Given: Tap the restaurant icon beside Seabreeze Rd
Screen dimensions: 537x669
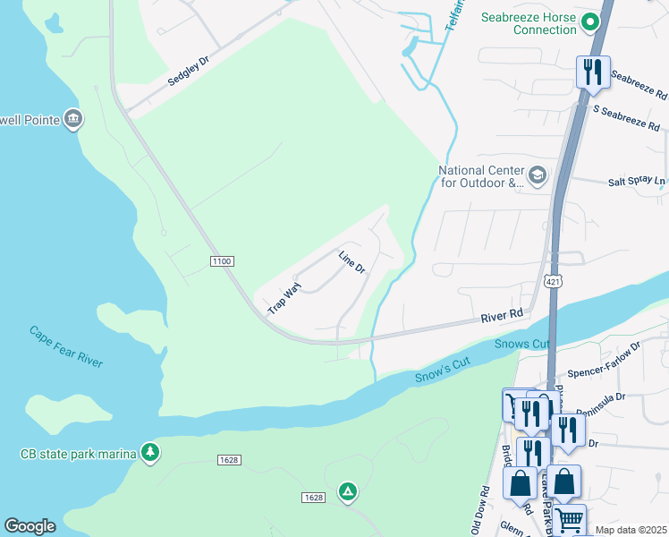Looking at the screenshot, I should click(593, 72).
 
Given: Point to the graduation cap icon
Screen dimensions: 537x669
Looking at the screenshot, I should click(537, 175).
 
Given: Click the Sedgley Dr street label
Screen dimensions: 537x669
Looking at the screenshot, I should click(188, 69).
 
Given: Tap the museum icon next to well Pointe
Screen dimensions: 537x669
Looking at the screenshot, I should click(73, 119).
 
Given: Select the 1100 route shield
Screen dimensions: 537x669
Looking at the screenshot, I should click(222, 260).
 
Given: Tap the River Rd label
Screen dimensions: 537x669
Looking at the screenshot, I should click(502, 315).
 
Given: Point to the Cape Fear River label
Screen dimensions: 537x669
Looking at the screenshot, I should click(65, 346).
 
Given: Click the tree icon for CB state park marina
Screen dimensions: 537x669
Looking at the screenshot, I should click(150, 454).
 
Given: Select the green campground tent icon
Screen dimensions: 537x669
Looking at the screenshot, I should click(347, 491).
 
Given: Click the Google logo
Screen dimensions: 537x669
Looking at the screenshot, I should click(30, 526).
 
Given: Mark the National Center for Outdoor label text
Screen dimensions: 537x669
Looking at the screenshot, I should click(480, 176).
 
